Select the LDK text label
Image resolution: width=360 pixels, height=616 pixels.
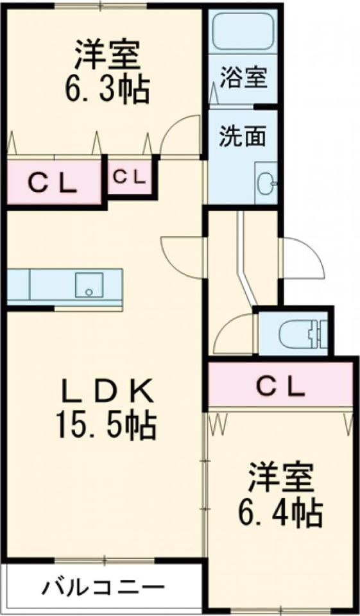107,391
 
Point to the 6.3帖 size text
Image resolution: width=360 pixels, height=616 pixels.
107,90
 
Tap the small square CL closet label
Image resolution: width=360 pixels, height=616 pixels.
130,177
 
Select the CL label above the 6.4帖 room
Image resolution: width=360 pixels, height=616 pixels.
280,386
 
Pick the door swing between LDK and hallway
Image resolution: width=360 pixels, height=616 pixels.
183,257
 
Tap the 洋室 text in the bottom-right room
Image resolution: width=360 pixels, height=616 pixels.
280,478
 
